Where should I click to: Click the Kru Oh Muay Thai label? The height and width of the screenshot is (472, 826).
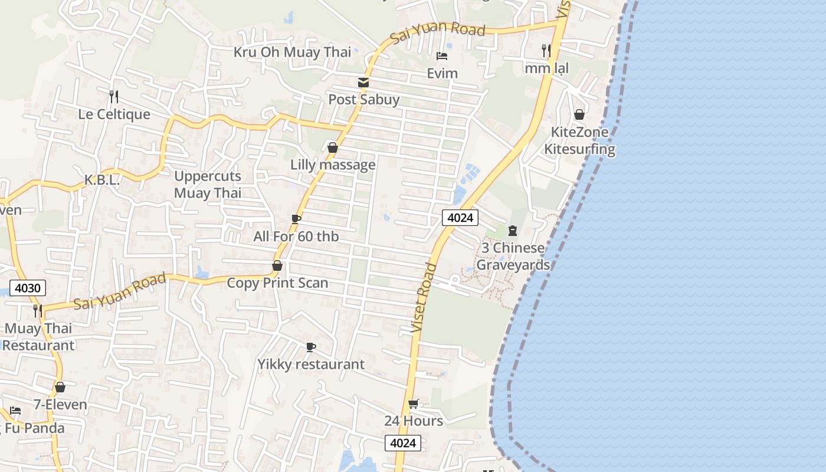coord(292,52)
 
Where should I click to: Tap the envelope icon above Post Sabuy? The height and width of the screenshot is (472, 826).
coord(363,83)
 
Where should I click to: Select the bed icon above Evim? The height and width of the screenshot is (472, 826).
coord(442,56)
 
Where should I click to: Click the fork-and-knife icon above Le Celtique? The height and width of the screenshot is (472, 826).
coord(114,96)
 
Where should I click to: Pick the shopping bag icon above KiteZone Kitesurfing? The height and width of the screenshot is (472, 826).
coord(579,114)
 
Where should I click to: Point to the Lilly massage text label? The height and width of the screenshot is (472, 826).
coord(333,165)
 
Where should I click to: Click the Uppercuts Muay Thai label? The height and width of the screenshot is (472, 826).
coord(208,184)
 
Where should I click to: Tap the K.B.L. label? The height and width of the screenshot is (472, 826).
coord(101,180)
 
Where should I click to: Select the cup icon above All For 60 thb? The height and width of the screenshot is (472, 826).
coord(296,219)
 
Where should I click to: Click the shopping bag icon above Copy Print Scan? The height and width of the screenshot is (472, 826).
coord(277,266)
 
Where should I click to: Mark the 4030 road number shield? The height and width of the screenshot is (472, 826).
coord(28,289)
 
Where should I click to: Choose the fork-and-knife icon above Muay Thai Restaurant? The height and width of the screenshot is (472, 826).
coord(38,310)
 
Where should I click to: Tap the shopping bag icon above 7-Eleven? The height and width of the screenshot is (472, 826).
coord(60,388)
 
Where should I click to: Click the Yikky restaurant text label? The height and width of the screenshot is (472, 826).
coord(311,364)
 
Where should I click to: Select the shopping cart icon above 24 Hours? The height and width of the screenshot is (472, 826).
coord(414,404)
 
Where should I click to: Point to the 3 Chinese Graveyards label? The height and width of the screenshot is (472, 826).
coord(513,256)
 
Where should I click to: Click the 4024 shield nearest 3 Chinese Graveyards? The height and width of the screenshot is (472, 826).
coord(460,218)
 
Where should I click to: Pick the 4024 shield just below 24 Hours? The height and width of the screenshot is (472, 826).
coord(403,443)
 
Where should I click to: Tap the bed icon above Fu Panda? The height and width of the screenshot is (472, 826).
coord(15,410)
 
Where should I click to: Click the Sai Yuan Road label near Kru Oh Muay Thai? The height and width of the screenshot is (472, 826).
coord(437,31)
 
